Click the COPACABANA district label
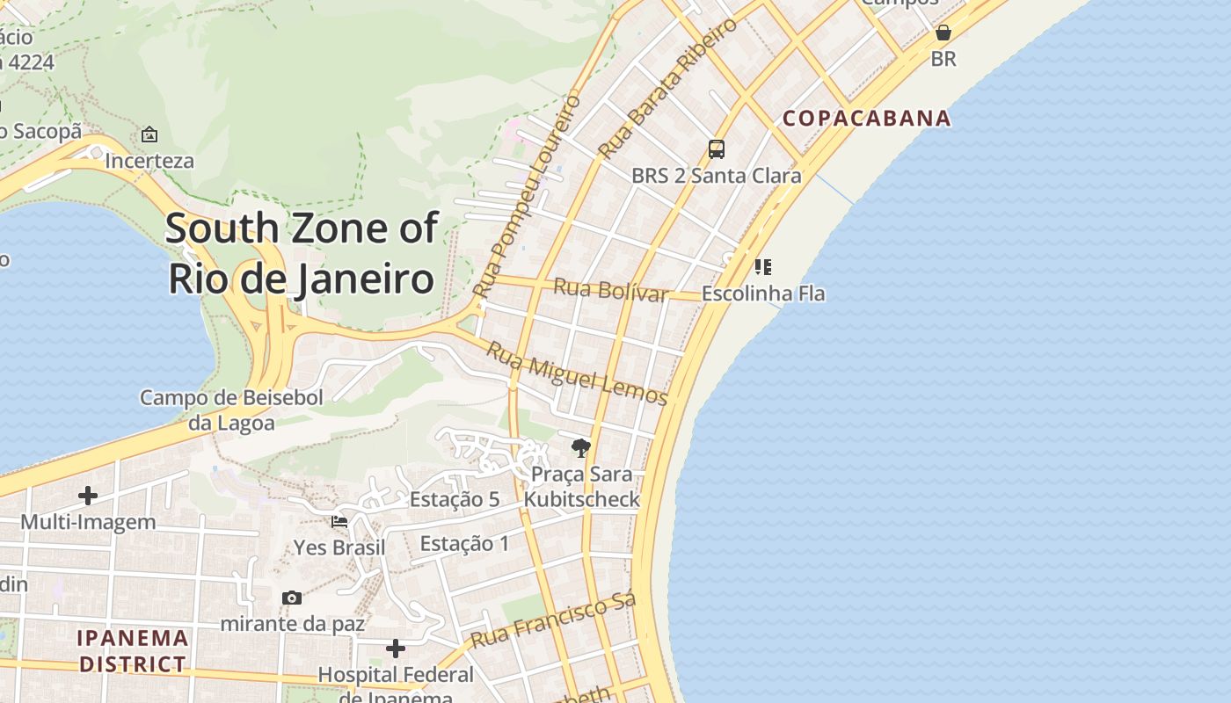click(x=867, y=118)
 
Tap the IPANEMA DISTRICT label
click(x=133, y=651)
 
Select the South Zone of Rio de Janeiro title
click(x=301, y=253)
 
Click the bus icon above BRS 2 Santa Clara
click(x=717, y=149)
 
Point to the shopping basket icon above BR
click(x=943, y=33)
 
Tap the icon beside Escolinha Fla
click(x=762, y=266)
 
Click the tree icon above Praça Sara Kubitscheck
click(x=580, y=448)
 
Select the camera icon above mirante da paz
click(x=292, y=598)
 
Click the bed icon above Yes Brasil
click(x=339, y=522)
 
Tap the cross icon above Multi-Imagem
click(x=88, y=496)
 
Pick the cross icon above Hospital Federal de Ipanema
click(x=396, y=649)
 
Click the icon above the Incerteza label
click(x=149, y=135)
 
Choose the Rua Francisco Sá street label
click(x=553, y=621)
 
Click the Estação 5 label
click(x=455, y=499)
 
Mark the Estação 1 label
click(x=464, y=543)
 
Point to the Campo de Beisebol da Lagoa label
click(x=231, y=410)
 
